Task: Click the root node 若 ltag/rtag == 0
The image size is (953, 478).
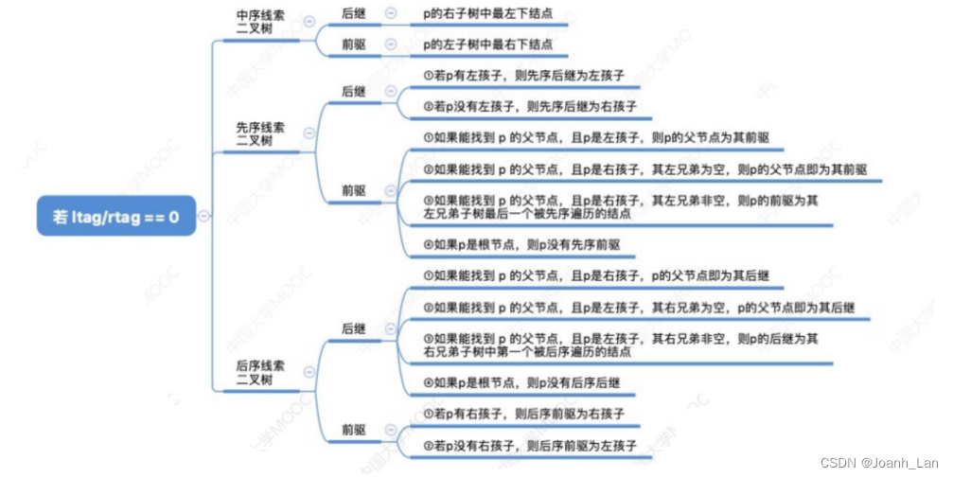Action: click(x=116, y=218)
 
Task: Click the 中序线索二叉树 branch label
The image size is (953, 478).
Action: click(x=260, y=22)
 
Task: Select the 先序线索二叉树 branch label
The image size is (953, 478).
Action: click(x=260, y=133)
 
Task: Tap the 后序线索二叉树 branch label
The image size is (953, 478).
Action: click(x=260, y=372)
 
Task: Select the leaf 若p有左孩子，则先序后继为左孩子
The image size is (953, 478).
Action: click(x=523, y=75)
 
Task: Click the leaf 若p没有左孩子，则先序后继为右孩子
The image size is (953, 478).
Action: click(x=530, y=106)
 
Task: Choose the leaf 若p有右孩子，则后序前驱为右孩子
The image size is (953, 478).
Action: click(x=523, y=415)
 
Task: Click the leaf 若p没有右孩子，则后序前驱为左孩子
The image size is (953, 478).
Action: click(x=530, y=445)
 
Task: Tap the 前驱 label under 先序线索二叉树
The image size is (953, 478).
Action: click(x=354, y=190)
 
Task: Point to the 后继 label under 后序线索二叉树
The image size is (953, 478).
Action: click(x=354, y=328)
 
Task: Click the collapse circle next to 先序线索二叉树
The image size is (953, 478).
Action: click(x=309, y=133)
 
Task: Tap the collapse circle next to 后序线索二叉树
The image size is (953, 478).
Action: click(x=309, y=372)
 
